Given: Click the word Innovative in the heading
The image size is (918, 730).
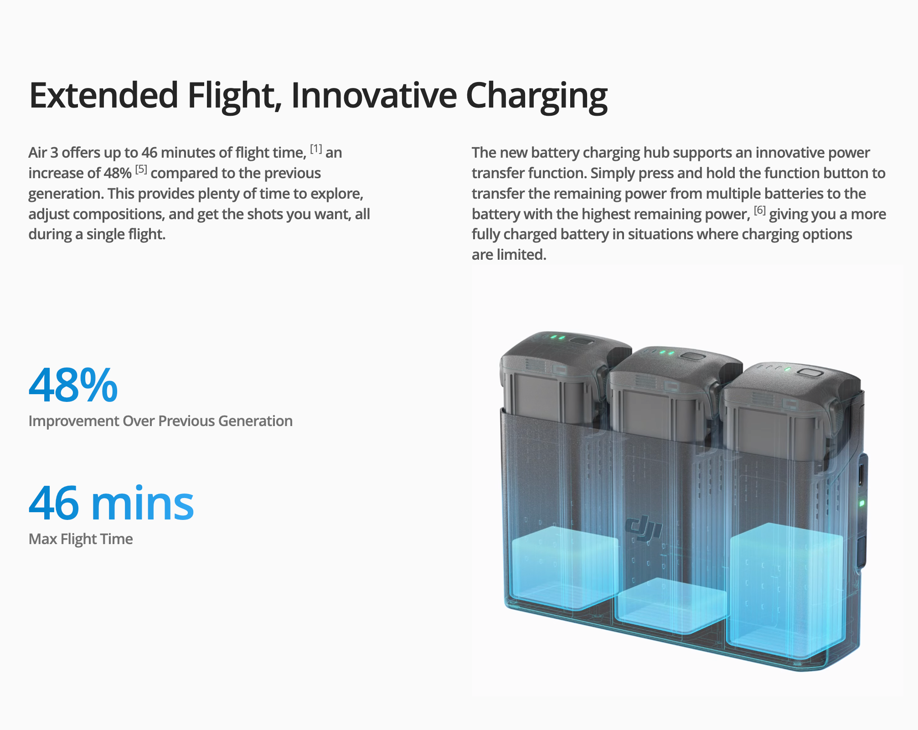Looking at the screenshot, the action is point(374,95).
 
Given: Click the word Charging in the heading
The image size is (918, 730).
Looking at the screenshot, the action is point(536,97).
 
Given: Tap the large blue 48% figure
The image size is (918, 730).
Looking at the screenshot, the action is point(73,386).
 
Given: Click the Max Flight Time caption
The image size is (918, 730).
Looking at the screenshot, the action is point(81,539).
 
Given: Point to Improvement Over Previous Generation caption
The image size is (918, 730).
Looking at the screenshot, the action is point(160,421).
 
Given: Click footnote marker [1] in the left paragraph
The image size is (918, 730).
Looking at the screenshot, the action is point(316,149).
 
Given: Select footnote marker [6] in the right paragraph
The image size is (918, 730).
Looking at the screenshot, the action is point(759,210).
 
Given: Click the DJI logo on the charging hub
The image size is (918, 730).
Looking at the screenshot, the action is point(643,529).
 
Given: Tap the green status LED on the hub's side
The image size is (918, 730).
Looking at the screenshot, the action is point(861,503).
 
